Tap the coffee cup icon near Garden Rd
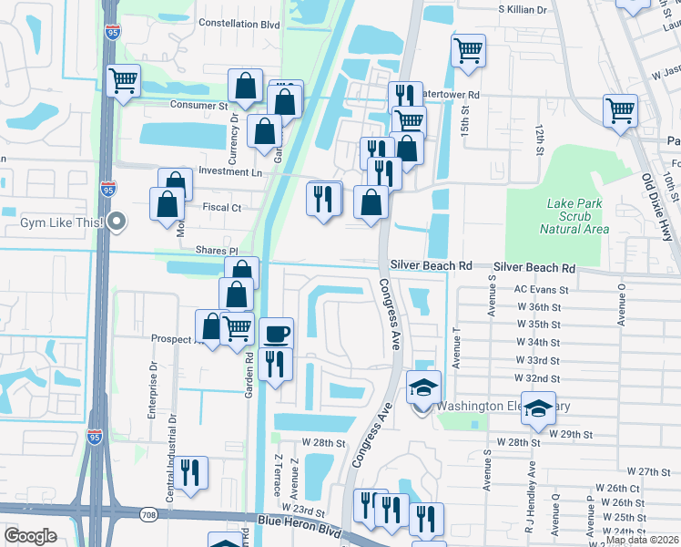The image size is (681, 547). pyautogui.click(x=276, y=333)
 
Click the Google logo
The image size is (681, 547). pyautogui.click(x=30, y=536)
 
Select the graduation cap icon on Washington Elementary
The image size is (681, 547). pyautogui.click(x=423, y=387)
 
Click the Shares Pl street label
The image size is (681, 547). pyautogui.click(x=215, y=250)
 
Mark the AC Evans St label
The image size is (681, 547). pyautogui.click(x=541, y=290)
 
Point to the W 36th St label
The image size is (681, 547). pyautogui.click(x=537, y=307)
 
